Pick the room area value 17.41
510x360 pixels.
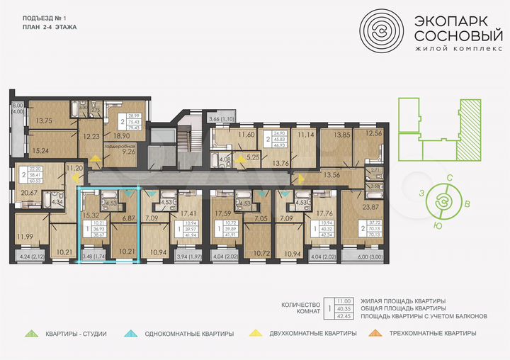point(188,213)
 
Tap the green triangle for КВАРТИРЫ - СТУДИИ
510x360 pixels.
point(30,332)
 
